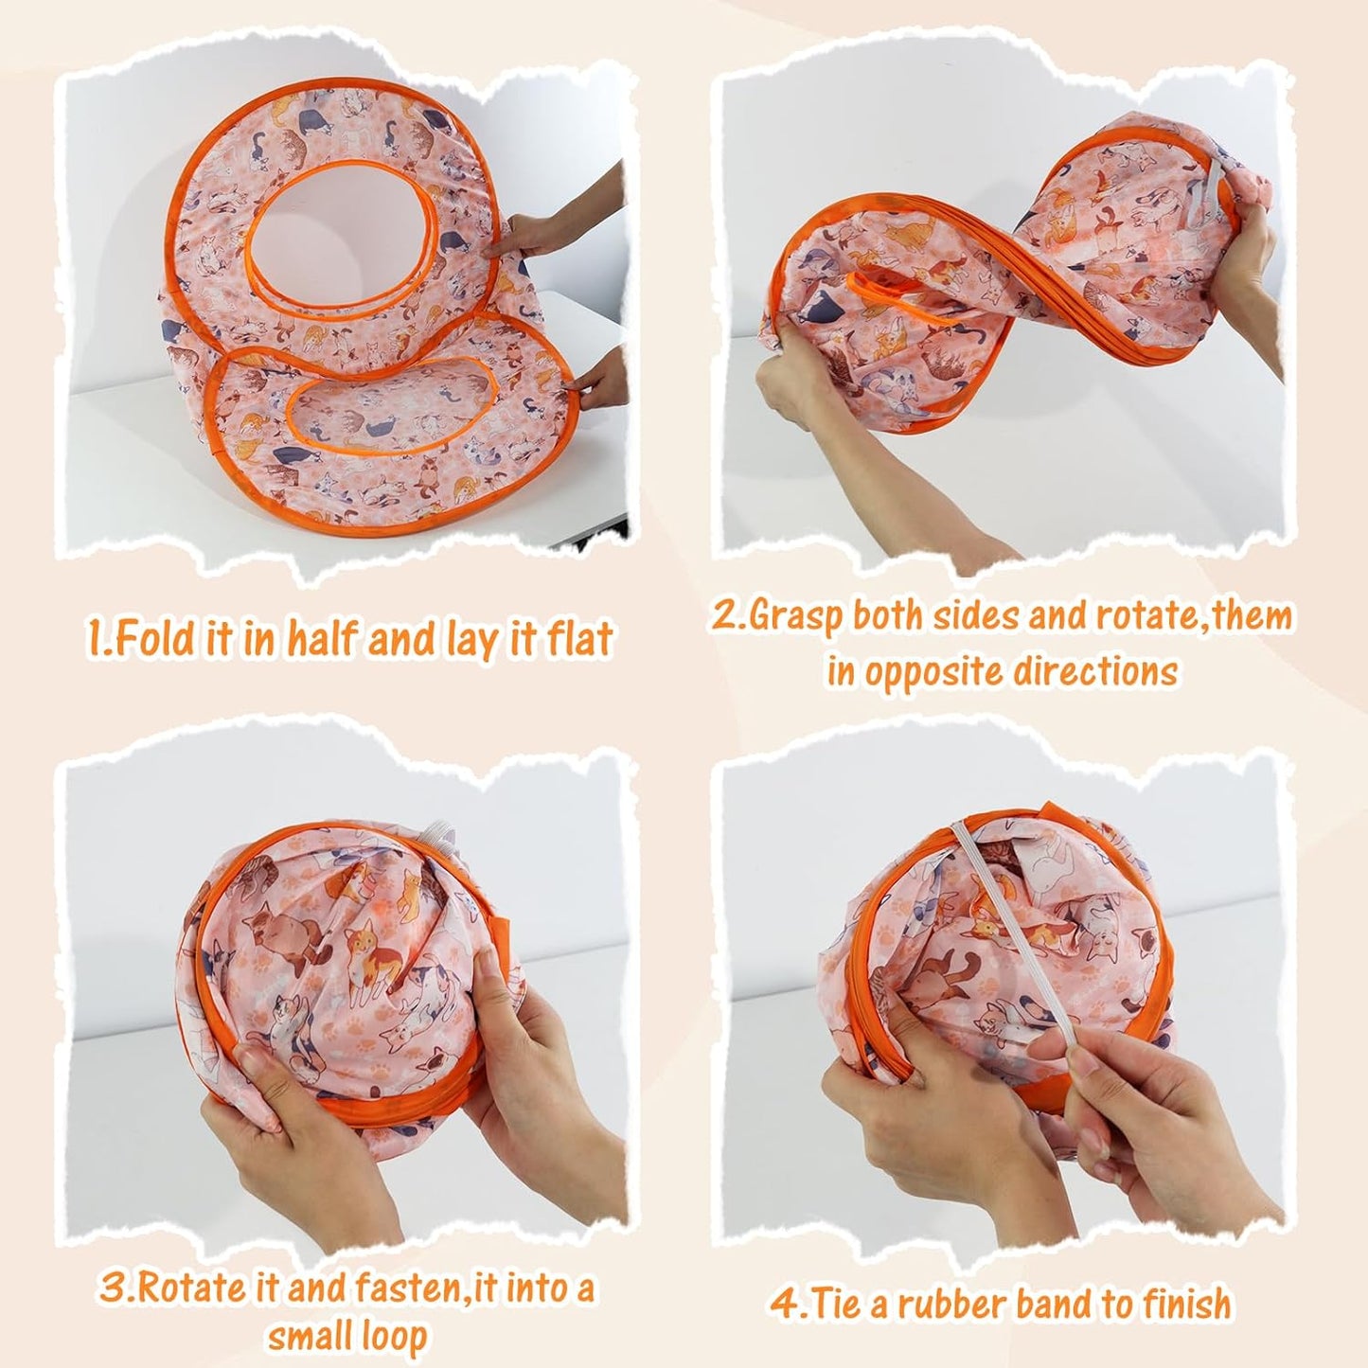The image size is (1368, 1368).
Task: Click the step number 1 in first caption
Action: [x=96, y=640]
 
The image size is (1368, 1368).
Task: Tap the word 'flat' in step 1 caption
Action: [x=579, y=640]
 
